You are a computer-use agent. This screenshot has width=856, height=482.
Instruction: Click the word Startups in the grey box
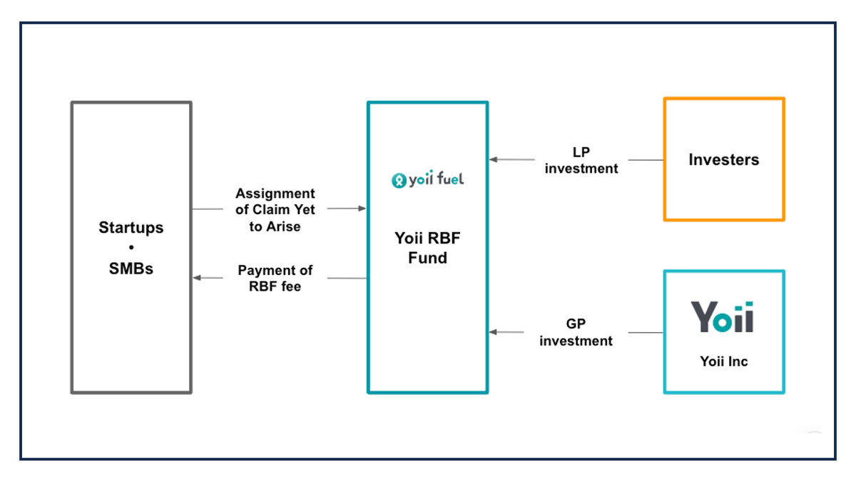pyautogui.click(x=131, y=228)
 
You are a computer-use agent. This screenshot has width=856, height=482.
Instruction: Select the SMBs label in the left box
pyautogui.click(x=131, y=269)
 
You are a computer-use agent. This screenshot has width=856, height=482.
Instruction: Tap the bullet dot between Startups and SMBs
pyautogui.click(x=131, y=248)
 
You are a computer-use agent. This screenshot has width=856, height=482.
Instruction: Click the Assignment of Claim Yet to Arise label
pyautogui.click(x=275, y=210)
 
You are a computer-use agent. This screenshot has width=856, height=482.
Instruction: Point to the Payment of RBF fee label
pyautogui.click(x=275, y=278)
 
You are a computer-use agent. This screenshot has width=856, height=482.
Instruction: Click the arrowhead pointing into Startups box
pyautogui.click(x=198, y=278)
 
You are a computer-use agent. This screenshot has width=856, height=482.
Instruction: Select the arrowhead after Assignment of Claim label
pyautogui.click(x=362, y=209)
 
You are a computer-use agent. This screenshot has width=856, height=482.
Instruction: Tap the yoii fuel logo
pyautogui.click(x=427, y=180)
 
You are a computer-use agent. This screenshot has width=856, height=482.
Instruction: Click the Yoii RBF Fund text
pyautogui.click(x=427, y=248)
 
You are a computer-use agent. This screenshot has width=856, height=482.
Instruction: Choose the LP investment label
pyautogui.click(x=581, y=161)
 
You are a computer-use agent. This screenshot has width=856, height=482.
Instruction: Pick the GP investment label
pyautogui.click(x=576, y=333)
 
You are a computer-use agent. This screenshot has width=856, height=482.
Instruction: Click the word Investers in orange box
pyautogui.click(x=723, y=160)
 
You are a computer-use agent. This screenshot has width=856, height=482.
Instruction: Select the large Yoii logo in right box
pyautogui.click(x=722, y=317)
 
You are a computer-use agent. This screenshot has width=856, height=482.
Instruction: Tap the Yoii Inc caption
pyautogui.click(x=723, y=361)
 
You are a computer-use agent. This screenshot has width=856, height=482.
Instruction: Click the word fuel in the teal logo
pyautogui.click(x=448, y=179)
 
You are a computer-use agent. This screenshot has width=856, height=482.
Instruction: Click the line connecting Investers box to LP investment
pyautogui.click(x=646, y=160)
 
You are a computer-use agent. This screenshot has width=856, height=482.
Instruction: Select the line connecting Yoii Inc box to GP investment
pyautogui.click(x=646, y=332)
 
